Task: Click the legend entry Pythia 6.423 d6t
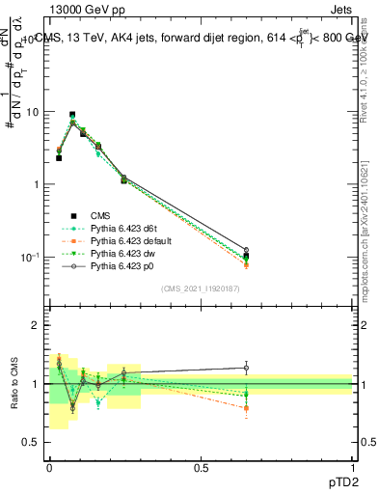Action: pos(124,228)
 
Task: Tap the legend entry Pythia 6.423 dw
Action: pos(123,251)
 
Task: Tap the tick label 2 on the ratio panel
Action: pos(34,325)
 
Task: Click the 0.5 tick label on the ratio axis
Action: pos(29,442)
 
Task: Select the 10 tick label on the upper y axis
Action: pos(31,112)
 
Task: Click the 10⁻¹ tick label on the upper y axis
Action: pos(29,257)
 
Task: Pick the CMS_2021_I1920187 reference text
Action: pos(202,288)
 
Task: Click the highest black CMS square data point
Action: pos(72,115)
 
